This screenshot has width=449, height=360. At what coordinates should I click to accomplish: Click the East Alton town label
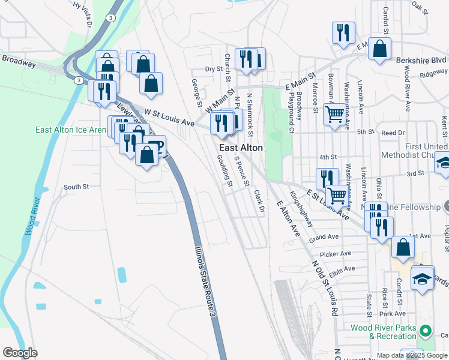tap(241, 148)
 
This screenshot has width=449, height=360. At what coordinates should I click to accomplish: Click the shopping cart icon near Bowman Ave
tap(334, 112)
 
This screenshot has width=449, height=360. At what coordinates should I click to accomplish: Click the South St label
tap(76, 187)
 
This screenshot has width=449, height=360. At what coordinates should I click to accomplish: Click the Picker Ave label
tap(336, 254)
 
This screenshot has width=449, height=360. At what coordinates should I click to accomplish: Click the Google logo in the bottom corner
tap(20, 352)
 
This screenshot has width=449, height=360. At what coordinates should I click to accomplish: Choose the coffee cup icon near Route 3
tap(156, 145)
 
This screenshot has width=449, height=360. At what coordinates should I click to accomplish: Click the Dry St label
tap(213, 70)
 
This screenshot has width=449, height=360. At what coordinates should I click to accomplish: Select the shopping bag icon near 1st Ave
tap(403, 247)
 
